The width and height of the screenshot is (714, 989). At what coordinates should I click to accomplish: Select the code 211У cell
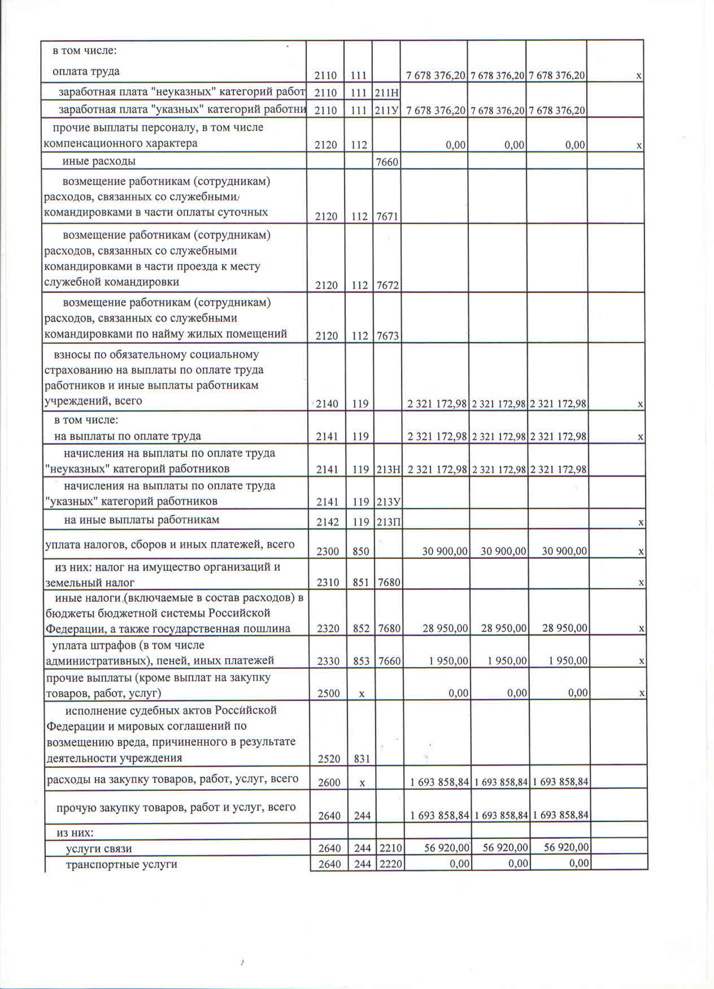click(x=387, y=110)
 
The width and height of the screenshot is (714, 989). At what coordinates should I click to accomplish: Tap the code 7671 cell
click(x=387, y=216)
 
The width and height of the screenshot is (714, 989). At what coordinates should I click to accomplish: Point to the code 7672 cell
click(x=387, y=286)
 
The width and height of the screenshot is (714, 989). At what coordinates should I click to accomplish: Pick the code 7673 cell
click(x=388, y=336)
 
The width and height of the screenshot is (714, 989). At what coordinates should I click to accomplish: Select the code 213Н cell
click(x=388, y=469)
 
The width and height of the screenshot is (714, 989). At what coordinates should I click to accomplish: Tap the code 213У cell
click(x=388, y=502)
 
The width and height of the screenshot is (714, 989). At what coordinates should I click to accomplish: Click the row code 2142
click(x=328, y=522)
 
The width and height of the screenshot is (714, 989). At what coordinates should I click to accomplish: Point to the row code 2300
click(x=328, y=552)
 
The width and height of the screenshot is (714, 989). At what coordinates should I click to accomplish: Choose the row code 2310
click(x=328, y=583)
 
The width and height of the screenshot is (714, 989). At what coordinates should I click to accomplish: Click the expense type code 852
click(x=361, y=628)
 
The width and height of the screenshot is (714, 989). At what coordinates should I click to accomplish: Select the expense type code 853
click(x=361, y=661)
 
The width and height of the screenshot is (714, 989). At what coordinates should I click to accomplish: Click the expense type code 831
click(x=362, y=759)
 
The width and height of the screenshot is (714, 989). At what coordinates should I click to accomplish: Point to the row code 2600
click(x=329, y=782)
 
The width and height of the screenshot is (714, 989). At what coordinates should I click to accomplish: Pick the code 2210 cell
click(x=391, y=848)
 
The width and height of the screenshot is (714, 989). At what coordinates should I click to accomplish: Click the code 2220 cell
click(x=391, y=864)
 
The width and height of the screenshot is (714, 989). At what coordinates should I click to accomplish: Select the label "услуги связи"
click(x=99, y=848)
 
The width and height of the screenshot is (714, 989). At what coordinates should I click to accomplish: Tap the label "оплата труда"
click(x=86, y=72)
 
